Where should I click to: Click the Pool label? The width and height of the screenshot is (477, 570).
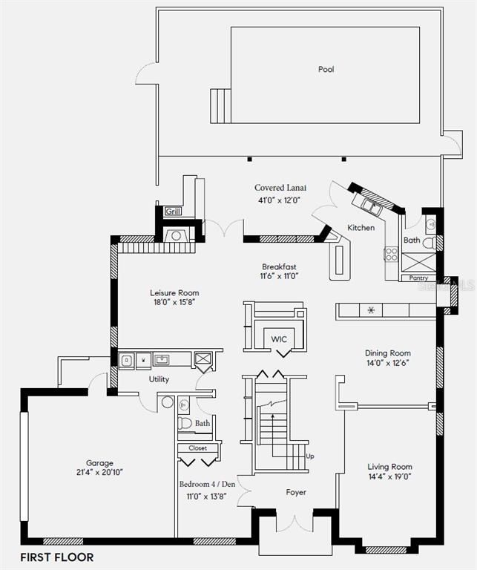click(x=326, y=69)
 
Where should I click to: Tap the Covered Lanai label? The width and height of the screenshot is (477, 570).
click(x=280, y=188)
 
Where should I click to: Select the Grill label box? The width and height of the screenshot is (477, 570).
click(x=173, y=211)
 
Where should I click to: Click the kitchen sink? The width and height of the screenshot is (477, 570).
click(x=371, y=207)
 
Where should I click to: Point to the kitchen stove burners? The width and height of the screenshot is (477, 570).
click(x=391, y=254)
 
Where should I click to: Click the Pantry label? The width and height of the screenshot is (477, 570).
click(x=418, y=278)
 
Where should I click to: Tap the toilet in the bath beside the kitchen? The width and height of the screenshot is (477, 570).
click(x=430, y=243)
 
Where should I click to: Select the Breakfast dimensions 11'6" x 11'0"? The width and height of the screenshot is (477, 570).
click(x=279, y=276)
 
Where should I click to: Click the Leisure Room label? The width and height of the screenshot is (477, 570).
click(x=174, y=292)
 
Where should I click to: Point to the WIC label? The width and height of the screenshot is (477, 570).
click(x=279, y=339)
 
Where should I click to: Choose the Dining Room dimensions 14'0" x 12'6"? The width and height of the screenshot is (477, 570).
click(x=389, y=363)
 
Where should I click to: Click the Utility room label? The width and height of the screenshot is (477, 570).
click(x=159, y=379)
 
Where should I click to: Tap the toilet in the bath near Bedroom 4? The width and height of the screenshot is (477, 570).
click(x=185, y=423)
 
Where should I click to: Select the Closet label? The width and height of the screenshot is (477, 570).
click(x=197, y=448)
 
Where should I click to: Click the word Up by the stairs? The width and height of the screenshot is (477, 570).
click(x=310, y=456)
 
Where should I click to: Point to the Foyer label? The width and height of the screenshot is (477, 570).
click(x=296, y=492)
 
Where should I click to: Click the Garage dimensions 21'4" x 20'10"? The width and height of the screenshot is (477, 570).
click(x=99, y=472)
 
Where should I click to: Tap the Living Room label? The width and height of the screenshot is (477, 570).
click(x=389, y=466)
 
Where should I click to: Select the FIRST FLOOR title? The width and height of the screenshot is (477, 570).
click(x=57, y=557)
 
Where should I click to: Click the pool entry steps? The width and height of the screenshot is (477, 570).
click(x=220, y=106)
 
